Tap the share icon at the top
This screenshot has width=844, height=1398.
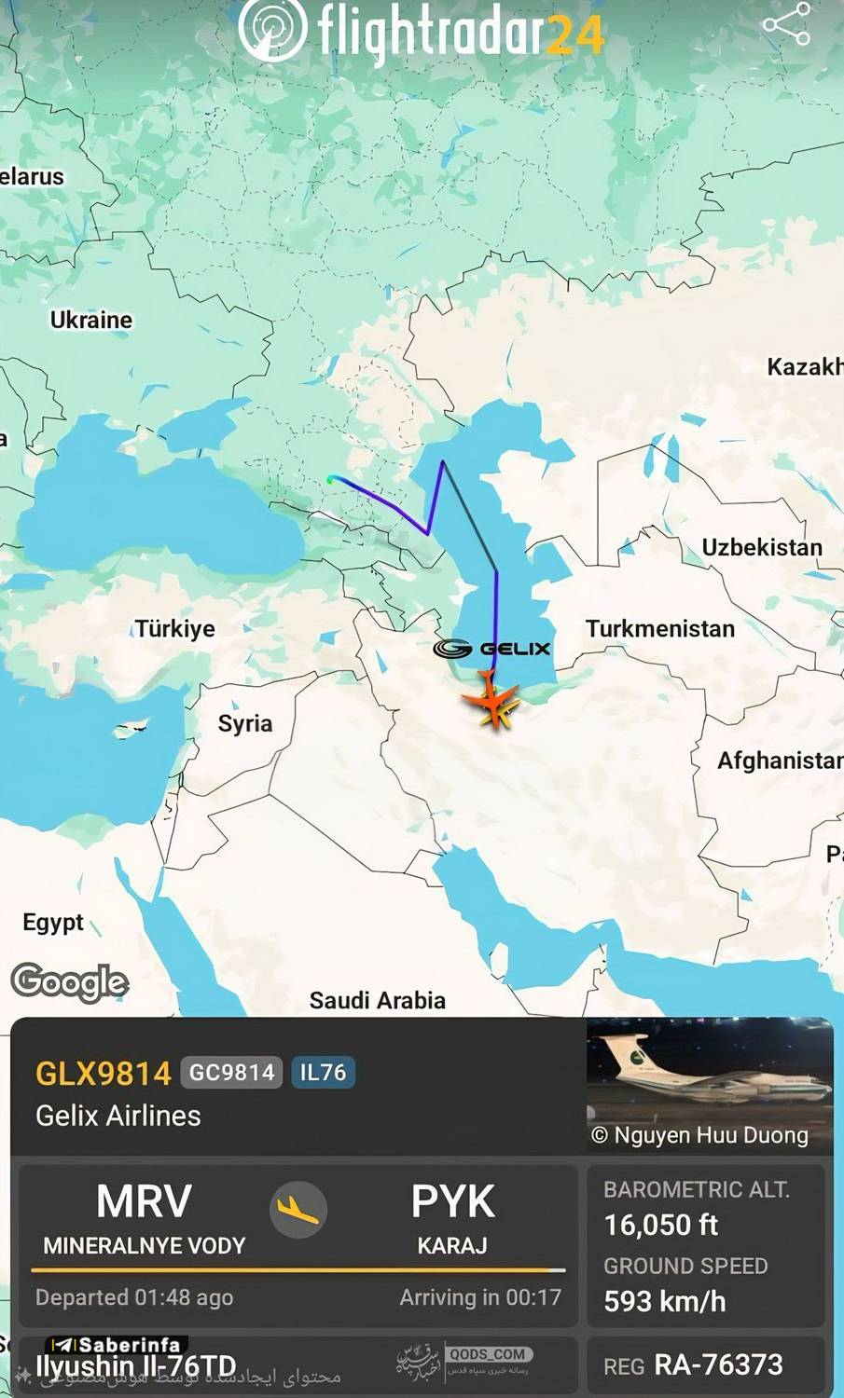[x=786, y=24]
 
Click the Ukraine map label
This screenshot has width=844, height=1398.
[x=91, y=320]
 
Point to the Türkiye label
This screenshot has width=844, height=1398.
[x=174, y=628]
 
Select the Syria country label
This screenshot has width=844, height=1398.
[x=245, y=723]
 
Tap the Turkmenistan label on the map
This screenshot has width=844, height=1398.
[x=660, y=629]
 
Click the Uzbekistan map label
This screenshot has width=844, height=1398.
[x=762, y=547]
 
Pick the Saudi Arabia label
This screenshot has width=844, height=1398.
[x=377, y=1000]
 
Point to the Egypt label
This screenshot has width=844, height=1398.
[x=53, y=923]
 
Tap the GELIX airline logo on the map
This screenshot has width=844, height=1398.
[x=492, y=649]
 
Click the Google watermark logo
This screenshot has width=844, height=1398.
[x=70, y=981]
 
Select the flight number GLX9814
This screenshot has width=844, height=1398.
[x=103, y=1073]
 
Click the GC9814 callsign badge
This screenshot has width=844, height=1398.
[x=232, y=1073]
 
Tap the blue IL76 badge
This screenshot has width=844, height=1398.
[x=323, y=1073]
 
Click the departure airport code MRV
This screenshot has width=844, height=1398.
[x=144, y=1201]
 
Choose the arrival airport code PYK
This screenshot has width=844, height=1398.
[x=452, y=1202]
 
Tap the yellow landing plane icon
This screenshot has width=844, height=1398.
[x=298, y=1209]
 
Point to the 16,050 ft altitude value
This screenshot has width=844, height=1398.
[x=661, y=1225]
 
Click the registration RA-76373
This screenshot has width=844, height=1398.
[x=718, y=1364]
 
